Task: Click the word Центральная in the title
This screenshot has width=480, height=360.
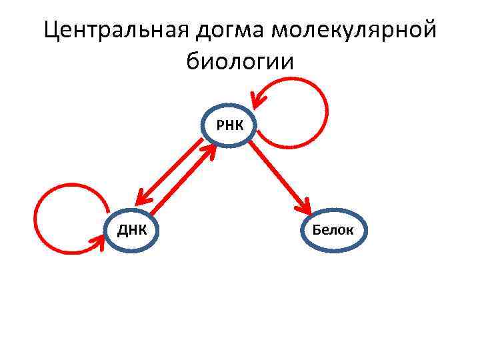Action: pos(117,29)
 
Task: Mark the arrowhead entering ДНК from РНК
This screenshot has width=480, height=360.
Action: pos(141,197)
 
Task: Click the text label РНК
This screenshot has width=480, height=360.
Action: pos(229,124)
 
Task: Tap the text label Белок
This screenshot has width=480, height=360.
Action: pos(336,231)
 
